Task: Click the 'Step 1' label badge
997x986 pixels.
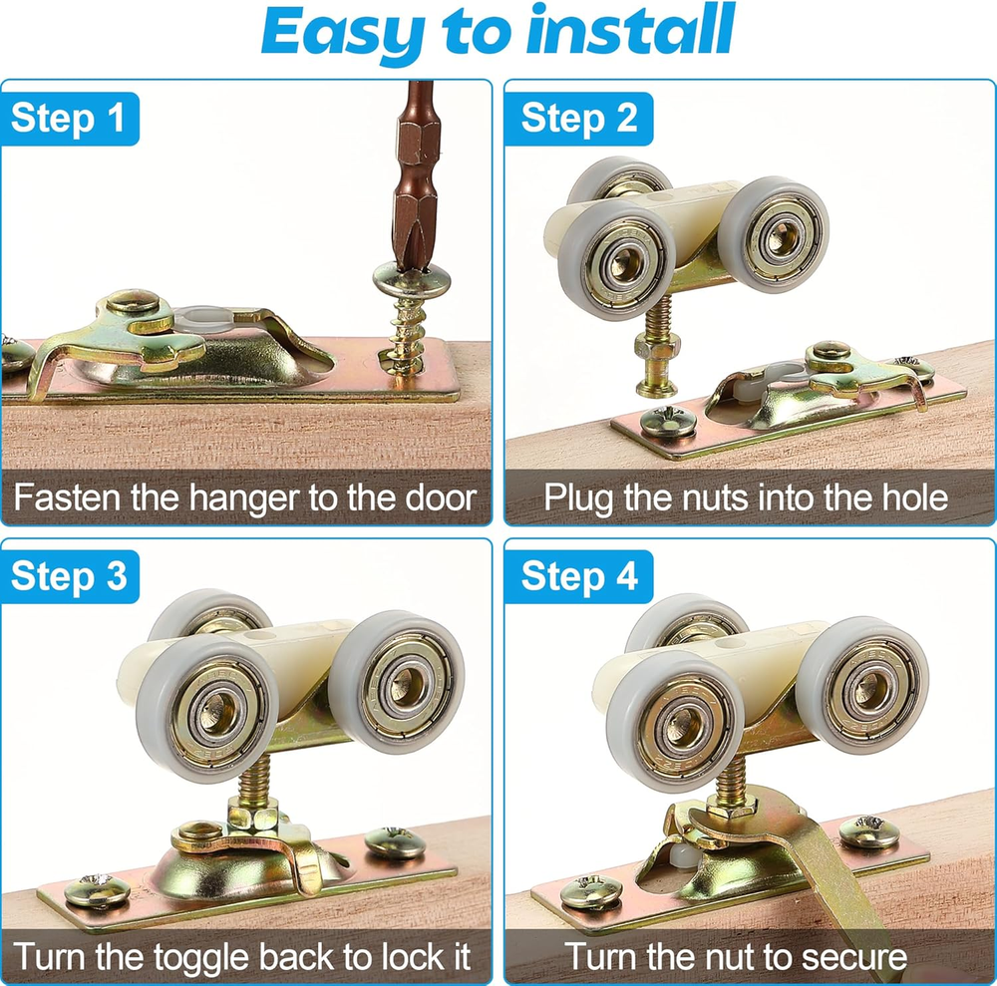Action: tap(69, 119)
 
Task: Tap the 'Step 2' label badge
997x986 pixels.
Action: tap(578, 119)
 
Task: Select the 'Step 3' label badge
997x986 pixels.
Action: tap(69, 576)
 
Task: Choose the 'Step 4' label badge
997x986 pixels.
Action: tap(578, 576)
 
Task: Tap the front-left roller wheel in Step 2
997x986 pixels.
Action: tap(615, 259)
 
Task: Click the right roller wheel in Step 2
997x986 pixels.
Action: tap(774, 234)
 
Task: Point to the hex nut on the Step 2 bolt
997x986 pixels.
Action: tap(656, 348)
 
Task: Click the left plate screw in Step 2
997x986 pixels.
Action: tap(668, 420)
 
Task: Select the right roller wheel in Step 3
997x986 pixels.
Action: tap(396, 682)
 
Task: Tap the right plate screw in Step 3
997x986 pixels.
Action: tap(395, 842)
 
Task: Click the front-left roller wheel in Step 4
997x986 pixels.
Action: tap(674, 720)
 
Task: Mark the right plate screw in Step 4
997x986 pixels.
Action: tap(869, 831)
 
